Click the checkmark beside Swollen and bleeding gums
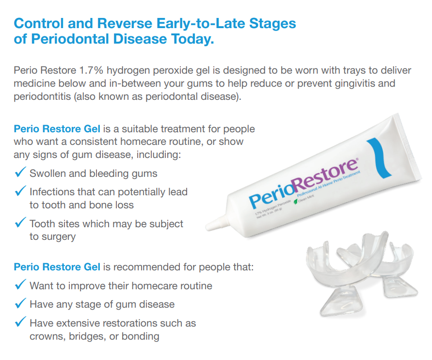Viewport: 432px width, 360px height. click(x=20, y=173)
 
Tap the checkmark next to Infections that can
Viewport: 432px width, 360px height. click(x=20, y=192)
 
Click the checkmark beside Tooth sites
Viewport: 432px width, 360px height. click(x=20, y=223)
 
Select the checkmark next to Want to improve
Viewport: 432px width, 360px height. click(x=20, y=285)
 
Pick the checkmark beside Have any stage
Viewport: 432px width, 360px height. click(x=20, y=304)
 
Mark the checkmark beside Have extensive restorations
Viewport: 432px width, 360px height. click(x=20, y=323)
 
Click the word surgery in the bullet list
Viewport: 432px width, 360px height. click(x=59, y=237)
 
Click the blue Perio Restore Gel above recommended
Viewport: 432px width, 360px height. click(x=57, y=267)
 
